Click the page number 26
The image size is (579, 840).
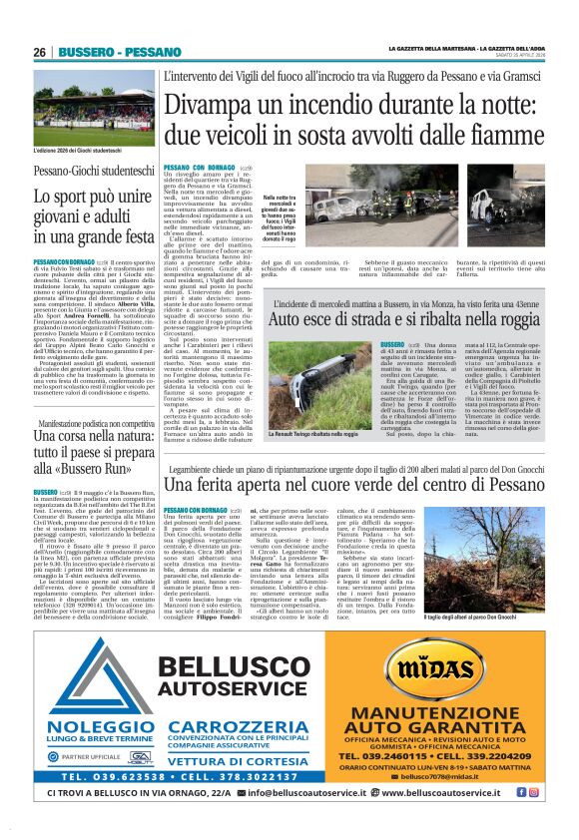pos(40,52)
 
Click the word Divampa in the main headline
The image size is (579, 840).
pos(207,104)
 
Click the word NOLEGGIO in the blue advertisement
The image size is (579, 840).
pos(98,699)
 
